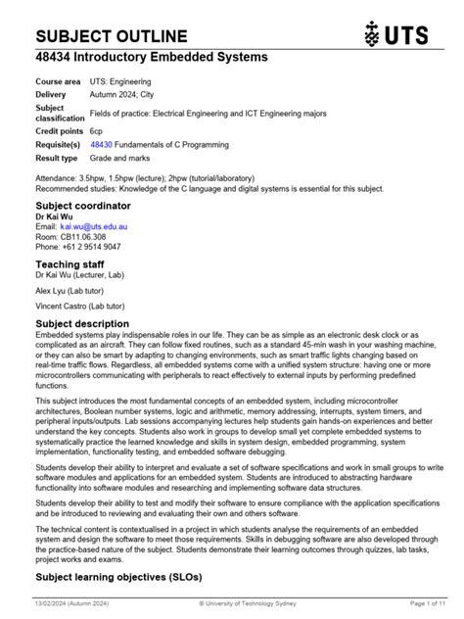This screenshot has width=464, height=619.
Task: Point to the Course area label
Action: (59, 81)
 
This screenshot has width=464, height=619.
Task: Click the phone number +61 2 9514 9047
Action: (92, 247)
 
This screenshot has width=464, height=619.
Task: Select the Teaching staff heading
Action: (71, 264)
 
